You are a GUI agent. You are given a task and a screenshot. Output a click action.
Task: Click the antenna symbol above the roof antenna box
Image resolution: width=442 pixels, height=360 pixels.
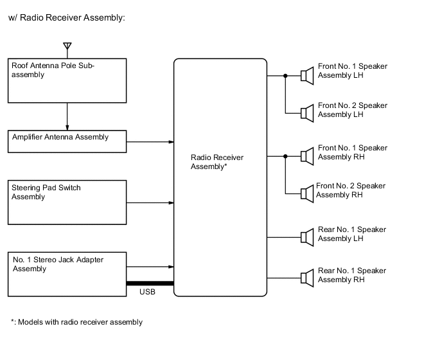[x=67, y=47]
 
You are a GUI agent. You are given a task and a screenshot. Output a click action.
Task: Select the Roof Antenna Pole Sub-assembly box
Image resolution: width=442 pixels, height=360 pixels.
[x=67, y=80]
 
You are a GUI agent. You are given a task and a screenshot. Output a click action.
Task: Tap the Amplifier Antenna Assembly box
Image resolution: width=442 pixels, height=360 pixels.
[x=67, y=141]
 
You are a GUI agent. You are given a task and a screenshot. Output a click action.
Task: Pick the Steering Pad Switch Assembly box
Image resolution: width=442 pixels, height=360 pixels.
[x=67, y=203]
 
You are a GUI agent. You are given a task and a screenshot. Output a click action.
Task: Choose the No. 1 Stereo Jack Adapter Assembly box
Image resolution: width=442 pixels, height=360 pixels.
[x=67, y=274]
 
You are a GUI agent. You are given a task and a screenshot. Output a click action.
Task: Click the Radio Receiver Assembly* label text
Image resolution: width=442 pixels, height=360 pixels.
[x=217, y=161]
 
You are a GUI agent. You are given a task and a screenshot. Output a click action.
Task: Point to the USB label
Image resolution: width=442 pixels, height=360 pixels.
[x=147, y=292]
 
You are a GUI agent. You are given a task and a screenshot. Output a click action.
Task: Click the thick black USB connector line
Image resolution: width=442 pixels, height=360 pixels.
[x=150, y=283]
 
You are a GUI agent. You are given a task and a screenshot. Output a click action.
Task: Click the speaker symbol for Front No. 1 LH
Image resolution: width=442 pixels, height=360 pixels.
[x=307, y=76]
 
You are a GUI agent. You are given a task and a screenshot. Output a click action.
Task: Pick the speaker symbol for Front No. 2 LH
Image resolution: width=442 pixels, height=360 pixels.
[x=307, y=113]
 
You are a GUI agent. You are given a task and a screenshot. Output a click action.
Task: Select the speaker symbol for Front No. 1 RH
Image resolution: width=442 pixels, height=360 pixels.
[x=307, y=156]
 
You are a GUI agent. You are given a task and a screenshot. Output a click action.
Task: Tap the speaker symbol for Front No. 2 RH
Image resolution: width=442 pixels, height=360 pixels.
[x=307, y=193]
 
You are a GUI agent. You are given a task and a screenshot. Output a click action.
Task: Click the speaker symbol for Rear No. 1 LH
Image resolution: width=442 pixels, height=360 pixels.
[x=307, y=238]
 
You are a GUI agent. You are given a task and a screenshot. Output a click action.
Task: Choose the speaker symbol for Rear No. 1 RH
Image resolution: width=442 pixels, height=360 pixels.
[x=307, y=278]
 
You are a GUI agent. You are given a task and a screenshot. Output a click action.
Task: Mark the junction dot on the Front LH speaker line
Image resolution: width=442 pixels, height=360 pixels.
[x=285, y=76]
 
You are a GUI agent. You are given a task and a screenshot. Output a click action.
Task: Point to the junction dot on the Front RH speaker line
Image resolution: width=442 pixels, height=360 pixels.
[x=285, y=156]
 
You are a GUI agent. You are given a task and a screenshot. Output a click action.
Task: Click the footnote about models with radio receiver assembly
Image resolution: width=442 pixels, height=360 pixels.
[x=76, y=322]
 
